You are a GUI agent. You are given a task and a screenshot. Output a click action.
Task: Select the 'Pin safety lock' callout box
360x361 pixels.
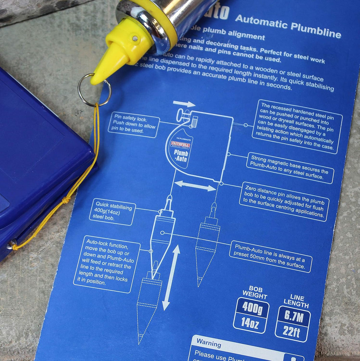point(133,124)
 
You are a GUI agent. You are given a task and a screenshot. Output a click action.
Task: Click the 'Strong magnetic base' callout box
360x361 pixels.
point(290,168)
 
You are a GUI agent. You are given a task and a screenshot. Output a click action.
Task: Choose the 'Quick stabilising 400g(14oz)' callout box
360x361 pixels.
point(113,212)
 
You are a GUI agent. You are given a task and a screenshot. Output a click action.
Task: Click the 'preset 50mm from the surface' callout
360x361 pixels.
point(270,256)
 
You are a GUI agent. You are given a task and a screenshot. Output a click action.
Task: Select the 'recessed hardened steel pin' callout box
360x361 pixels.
point(297,126)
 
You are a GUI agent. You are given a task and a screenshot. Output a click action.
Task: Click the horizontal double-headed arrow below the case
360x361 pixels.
point(195,186)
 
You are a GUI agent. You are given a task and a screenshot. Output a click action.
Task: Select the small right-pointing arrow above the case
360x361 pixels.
point(184,104)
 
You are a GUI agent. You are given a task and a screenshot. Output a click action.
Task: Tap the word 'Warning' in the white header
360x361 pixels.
point(209,342)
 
